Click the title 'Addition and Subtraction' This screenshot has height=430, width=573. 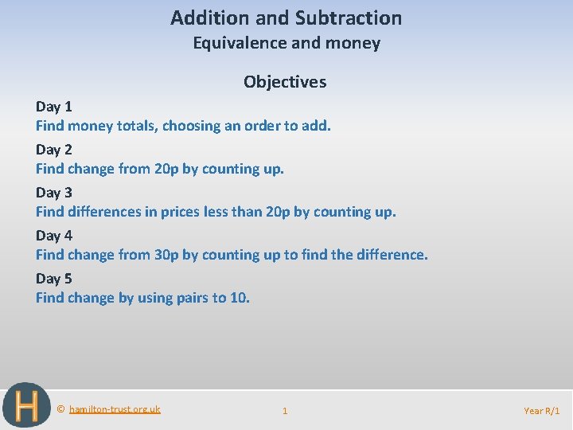(286, 18)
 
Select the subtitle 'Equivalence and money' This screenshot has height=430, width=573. (286, 43)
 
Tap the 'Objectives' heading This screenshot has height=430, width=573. (285, 82)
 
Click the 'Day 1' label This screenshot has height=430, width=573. (54, 107)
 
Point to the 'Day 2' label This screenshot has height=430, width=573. (54, 150)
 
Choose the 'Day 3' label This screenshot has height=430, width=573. (54, 193)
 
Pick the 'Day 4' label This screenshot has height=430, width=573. (54, 236)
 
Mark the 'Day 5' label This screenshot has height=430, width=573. (54, 279)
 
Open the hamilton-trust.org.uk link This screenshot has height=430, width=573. (115, 409)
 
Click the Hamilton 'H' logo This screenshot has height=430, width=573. (26, 406)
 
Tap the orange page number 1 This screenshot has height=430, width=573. (285, 411)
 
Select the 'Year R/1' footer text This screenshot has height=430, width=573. (542, 411)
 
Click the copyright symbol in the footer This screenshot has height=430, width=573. (61, 409)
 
